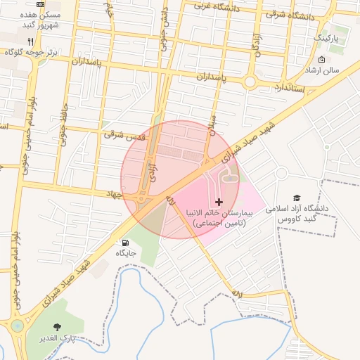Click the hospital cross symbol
(x=218, y=202)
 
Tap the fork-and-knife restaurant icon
(x=30, y=41)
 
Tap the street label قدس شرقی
(x=124, y=134)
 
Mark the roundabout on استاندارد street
(x=250, y=82)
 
